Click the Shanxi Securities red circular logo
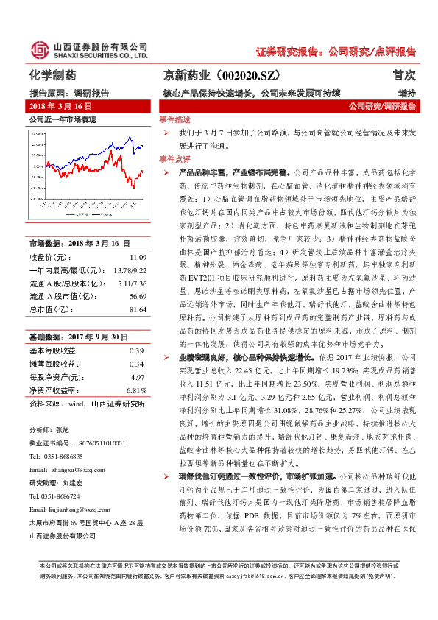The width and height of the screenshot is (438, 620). coord(38,49)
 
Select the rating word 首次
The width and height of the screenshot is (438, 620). coord(404,75)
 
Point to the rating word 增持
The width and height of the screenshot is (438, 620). coord(407,94)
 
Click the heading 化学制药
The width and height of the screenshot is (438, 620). coord(52,75)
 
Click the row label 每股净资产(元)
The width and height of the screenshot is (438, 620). coord(55,376)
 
